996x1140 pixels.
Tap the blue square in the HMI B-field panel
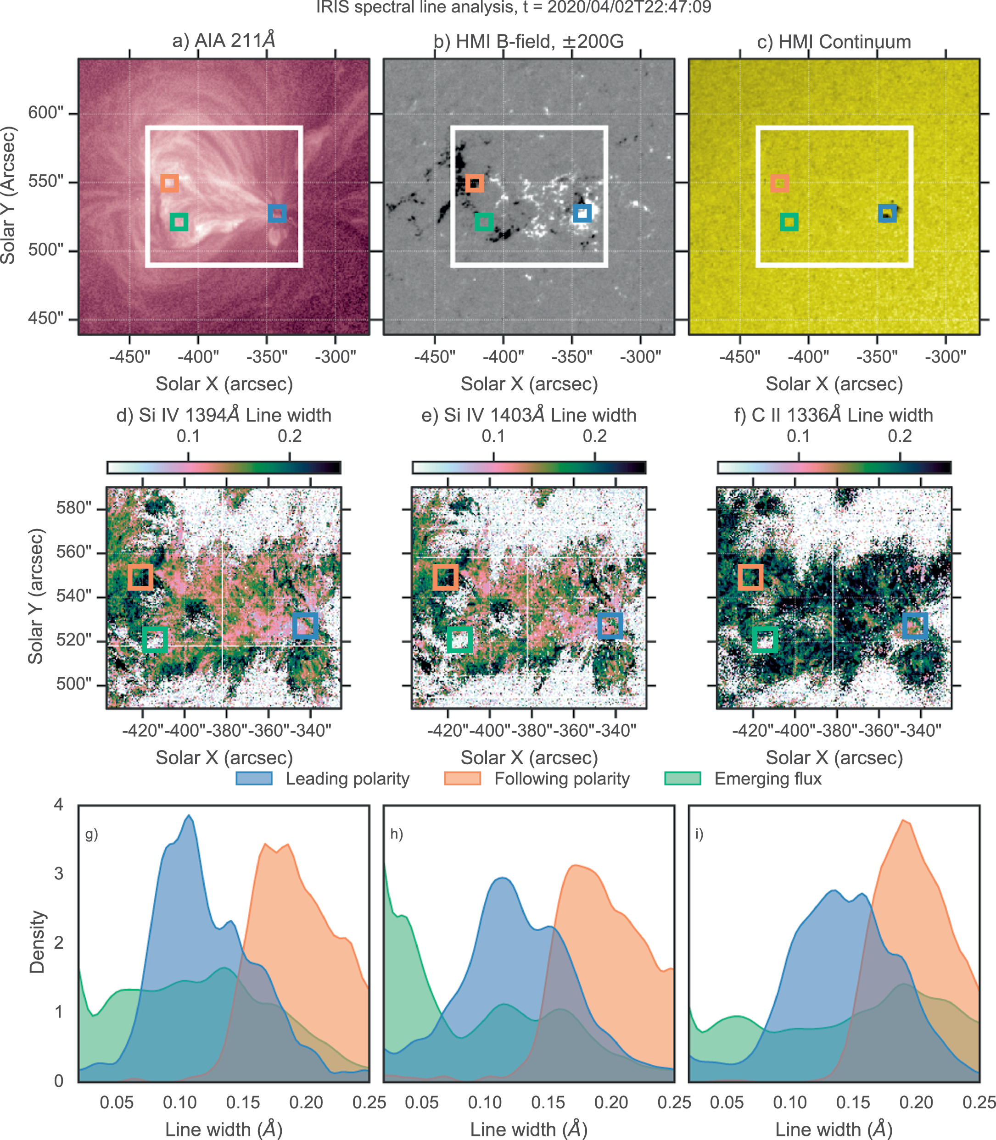(x=582, y=213)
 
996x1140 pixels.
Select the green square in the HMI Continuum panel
(x=789, y=222)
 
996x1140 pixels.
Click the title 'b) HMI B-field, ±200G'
(x=529, y=42)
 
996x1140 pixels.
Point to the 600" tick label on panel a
(x=45, y=113)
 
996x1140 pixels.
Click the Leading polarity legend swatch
(x=254, y=779)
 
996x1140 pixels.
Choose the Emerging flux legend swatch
(x=683, y=779)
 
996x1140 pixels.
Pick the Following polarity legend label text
(x=562, y=779)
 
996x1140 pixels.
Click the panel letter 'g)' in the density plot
(x=92, y=834)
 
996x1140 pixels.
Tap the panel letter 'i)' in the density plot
(x=699, y=834)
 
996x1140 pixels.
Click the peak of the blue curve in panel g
(x=190, y=816)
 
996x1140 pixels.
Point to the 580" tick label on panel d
(x=73, y=508)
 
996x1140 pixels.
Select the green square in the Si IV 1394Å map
(x=155, y=640)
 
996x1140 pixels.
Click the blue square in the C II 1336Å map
(x=915, y=626)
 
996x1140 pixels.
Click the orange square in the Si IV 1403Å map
(x=445, y=578)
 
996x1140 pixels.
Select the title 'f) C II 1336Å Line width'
(x=834, y=415)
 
